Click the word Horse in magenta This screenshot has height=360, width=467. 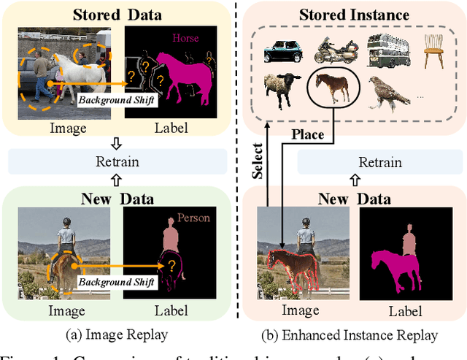pos(185,39)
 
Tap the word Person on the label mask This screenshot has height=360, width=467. pos(194,218)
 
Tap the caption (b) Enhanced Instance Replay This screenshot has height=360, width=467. pos(350,335)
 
